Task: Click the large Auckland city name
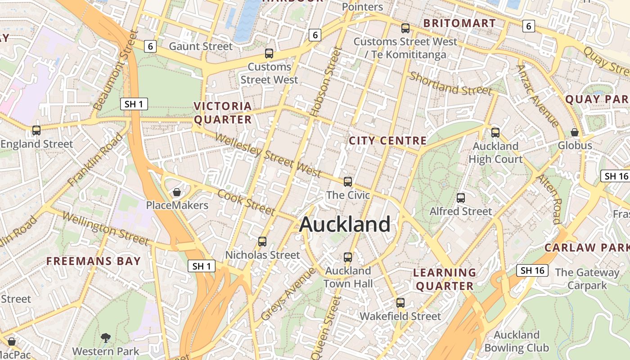[x=345, y=224]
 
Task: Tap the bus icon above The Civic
[x=348, y=182]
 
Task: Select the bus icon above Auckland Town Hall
[x=348, y=257]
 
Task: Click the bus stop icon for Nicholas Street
[x=262, y=242]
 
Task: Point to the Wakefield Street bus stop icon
[x=400, y=303]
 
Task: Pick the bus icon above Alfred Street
[x=460, y=198]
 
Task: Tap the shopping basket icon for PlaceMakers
[x=177, y=192]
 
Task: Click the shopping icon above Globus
[x=575, y=132]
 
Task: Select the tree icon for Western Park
[x=106, y=337]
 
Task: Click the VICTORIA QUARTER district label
[x=223, y=113]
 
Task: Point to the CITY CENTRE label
[x=387, y=141]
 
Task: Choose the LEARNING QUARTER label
[x=445, y=279]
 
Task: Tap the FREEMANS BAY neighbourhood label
[x=94, y=261]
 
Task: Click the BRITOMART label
[x=459, y=23]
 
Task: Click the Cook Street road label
[x=246, y=202]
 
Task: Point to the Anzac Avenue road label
[x=538, y=96]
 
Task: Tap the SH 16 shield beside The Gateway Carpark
[x=532, y=270]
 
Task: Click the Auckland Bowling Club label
[x=517, y=342]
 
